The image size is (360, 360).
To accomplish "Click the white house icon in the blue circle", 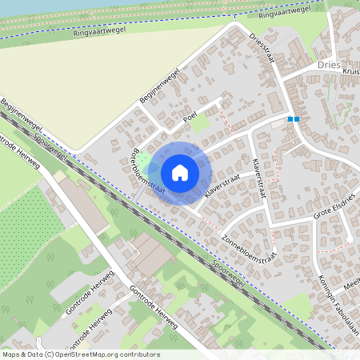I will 180,172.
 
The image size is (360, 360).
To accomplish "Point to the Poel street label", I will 190,118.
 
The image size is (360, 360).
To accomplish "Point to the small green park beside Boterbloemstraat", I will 142,163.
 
